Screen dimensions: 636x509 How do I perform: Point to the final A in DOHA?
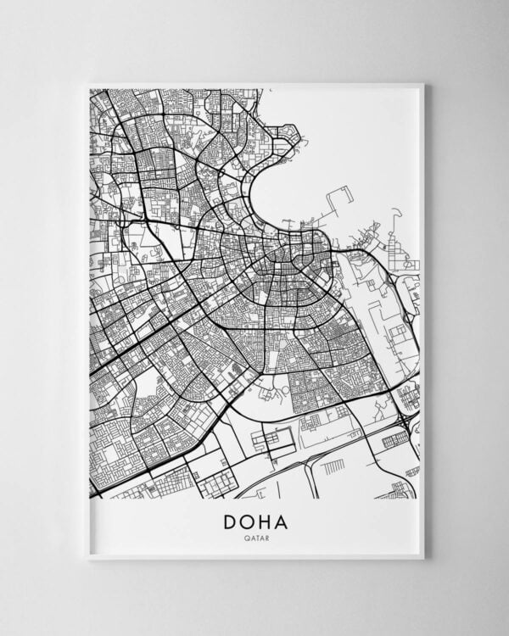tap(282, 522)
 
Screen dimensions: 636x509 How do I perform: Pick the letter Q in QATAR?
tap(245, 538)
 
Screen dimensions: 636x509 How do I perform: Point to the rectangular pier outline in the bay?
tap(342, 199)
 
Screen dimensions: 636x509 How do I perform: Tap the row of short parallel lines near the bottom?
tap(333, 467)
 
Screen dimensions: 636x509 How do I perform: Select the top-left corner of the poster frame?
tap(88, 84)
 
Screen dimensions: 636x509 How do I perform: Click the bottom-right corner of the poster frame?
tap(422, 557)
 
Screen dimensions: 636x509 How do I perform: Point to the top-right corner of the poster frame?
tap(422, 84)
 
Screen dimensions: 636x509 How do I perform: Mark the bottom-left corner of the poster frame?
tap(88, 557)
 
